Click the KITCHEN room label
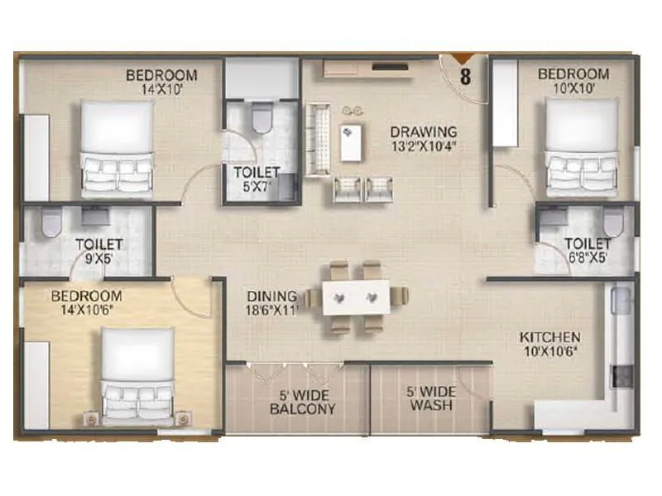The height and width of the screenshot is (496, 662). (x=549, y=338)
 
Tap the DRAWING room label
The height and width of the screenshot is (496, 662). (x=424, y=131)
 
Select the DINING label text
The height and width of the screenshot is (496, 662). (x=271, y=296)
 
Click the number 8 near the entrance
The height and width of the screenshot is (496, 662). (x=466, y=79)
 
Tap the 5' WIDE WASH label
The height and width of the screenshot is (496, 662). (x=429, y=401)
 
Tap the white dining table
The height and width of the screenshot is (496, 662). (x=356, y=297)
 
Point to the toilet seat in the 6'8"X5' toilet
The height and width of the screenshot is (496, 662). (x=612, y=221)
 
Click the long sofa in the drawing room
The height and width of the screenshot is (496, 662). (x=318, y=140)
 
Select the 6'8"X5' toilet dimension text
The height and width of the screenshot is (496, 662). (x=587, y=258)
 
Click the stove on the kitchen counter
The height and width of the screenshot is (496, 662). (x=616, y=376)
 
